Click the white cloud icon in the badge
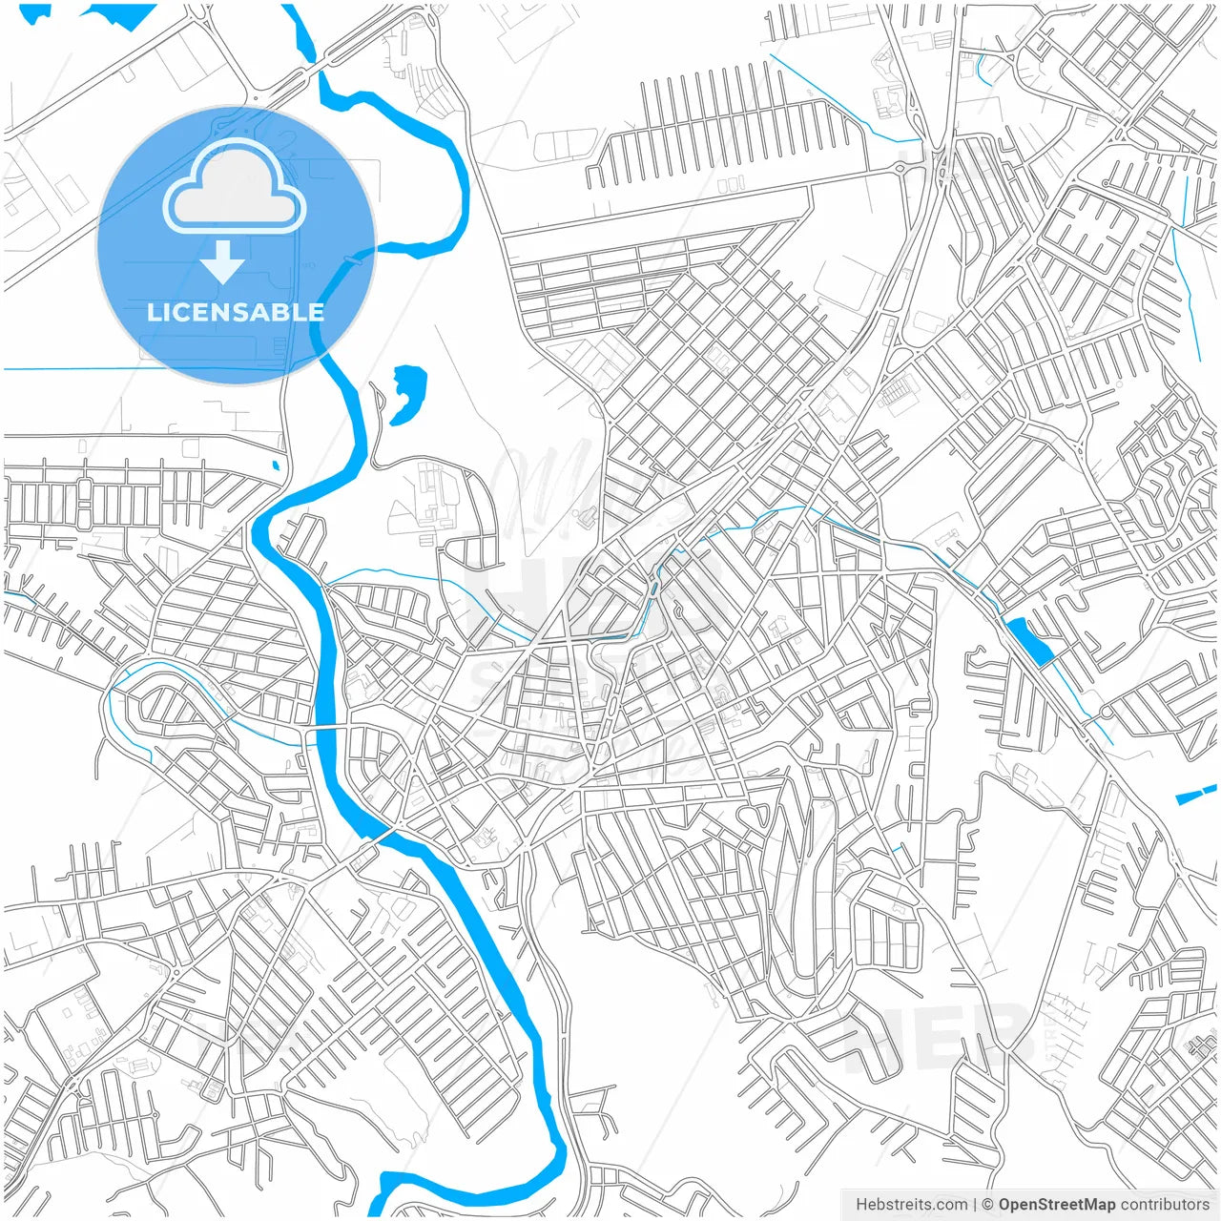235,189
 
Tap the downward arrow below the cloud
223,261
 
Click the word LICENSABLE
235,312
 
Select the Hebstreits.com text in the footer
911,1205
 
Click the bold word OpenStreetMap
1056,1205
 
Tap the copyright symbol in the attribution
988,1205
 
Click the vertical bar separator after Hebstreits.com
975,1205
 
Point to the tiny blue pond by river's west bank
276,466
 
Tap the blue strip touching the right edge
1197,794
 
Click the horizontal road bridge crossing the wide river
325,728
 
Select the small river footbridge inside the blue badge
352,258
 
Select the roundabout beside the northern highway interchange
900,168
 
